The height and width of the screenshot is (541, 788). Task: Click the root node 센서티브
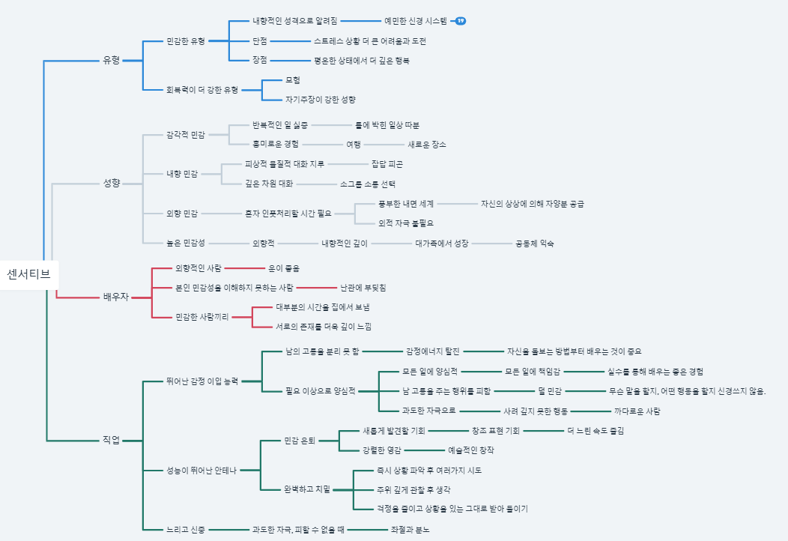(x=28, y=274)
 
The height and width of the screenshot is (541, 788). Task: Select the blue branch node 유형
(x=111, y=60)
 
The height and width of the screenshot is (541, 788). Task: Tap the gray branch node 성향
(x=111, y=183)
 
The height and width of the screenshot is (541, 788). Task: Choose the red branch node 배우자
(x=115, y=297)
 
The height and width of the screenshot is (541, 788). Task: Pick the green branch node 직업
(x=111, y=440)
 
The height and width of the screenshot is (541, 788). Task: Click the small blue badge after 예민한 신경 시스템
(x=461, y=21)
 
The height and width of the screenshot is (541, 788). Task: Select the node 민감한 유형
(x=185, y=41)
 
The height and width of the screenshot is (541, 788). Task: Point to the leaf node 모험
(x=293, y=79)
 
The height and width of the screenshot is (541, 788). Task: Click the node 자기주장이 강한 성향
(x=321, y=99)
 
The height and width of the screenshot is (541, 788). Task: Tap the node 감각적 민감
(x=185, y=135)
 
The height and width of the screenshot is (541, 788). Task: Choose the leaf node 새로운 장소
(x=427, y=144)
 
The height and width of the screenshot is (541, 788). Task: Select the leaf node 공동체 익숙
(x=535, y=243)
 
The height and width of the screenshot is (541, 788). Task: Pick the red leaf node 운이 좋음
(x=284, y=268)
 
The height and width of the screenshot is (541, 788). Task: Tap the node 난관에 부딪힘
(x=363, y=287)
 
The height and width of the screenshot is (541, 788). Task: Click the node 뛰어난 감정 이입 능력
(x=202, y=381)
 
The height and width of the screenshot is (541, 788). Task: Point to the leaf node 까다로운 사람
(x=637, y=411)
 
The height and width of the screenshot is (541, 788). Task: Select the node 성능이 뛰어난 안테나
(x=201, y=470)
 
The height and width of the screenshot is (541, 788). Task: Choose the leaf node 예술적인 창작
(x=471, y=450)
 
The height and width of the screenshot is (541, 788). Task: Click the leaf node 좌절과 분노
(x=410, y=529)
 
